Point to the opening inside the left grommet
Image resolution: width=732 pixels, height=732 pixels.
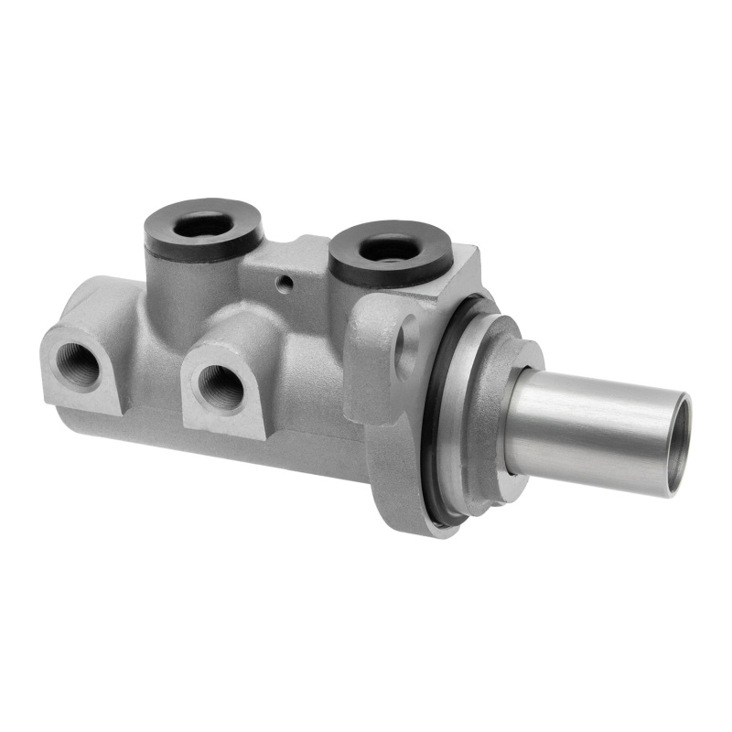point(202,223)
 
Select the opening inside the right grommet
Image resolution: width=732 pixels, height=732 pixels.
point(390,246)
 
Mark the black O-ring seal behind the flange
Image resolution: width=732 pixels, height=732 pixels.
point(446,412)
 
